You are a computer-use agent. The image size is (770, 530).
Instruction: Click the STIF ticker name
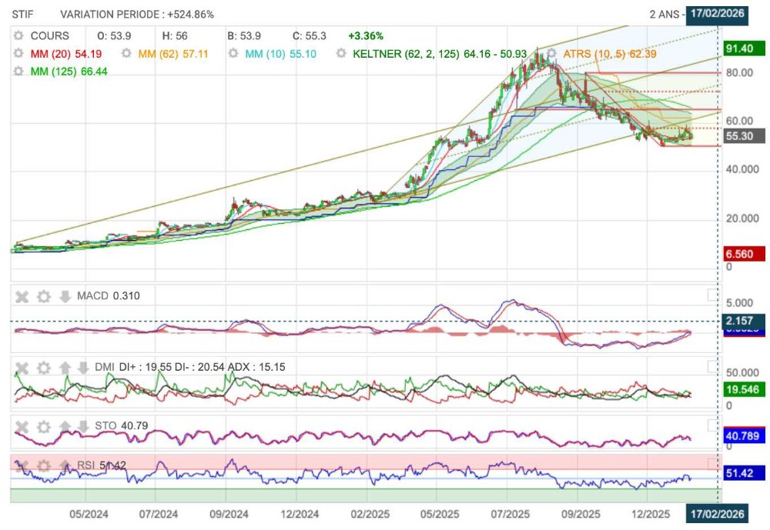tap(23, 14)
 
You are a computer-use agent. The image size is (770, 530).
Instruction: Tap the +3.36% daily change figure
tap(365, 35)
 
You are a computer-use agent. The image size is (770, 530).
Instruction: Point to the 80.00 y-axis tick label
tap(739, 72)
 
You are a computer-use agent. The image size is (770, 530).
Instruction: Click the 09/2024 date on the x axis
tap(229, 513)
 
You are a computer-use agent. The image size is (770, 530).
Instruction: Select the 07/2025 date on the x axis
tap(508, 513)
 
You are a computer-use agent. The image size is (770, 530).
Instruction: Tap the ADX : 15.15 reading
tap(260, 367)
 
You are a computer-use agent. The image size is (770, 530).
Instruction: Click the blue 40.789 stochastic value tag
tap(742, 437)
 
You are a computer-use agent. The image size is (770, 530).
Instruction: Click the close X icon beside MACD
tap(22, 296)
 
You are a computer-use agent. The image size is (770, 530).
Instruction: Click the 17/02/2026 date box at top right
tap(717, 14)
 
